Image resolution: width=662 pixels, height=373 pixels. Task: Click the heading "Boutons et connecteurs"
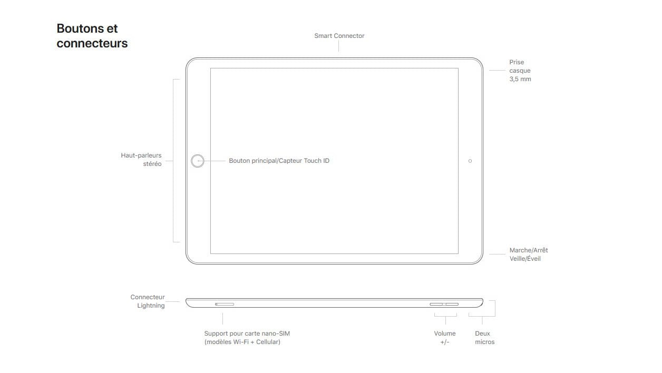point(92,36)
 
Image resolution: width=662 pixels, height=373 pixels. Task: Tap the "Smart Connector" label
point(339,36)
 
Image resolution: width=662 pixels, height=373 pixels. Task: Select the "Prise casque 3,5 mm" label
point(520,71)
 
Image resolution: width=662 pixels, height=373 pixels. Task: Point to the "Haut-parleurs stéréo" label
point(141,160)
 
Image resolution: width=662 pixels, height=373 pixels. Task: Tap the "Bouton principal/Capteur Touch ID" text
point(279,161)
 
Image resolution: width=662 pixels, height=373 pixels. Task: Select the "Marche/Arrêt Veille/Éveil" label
point(529,254)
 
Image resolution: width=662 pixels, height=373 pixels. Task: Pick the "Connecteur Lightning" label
point(148,301)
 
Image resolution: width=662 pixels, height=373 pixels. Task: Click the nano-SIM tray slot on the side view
point(225,304)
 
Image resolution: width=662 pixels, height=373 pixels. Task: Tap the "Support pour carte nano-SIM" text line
point(247,333)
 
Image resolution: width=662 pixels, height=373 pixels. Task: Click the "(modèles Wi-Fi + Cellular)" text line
point(242,342)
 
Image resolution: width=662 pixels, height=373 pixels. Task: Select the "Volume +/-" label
point(445,338)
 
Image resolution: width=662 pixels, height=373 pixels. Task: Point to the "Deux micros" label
point(485,338)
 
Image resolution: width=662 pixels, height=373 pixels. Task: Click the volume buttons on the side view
point(444,304)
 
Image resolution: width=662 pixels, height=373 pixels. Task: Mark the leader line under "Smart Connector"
point(338,46)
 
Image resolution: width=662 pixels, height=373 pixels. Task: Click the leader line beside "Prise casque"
point(498,70)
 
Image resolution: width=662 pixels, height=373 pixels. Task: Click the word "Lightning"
point(151,306)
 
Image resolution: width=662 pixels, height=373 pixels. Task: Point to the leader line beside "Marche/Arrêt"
point(498,254)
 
